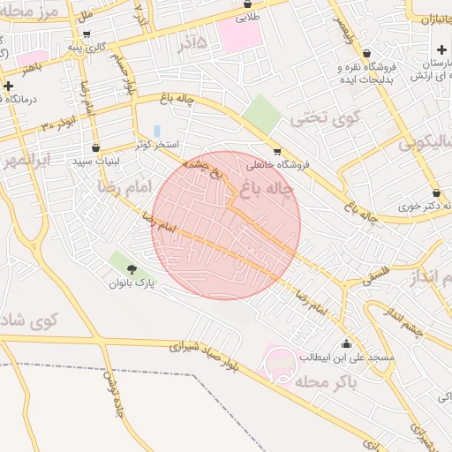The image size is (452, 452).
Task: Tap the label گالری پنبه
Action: [96, 45]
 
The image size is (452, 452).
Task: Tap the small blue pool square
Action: [157, 131]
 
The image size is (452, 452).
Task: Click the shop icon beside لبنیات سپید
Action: [95, 147]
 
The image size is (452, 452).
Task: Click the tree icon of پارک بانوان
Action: [132, 268]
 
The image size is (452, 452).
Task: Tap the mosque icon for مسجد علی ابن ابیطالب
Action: [345, 343]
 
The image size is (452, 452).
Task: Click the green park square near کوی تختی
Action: [261, 112]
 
